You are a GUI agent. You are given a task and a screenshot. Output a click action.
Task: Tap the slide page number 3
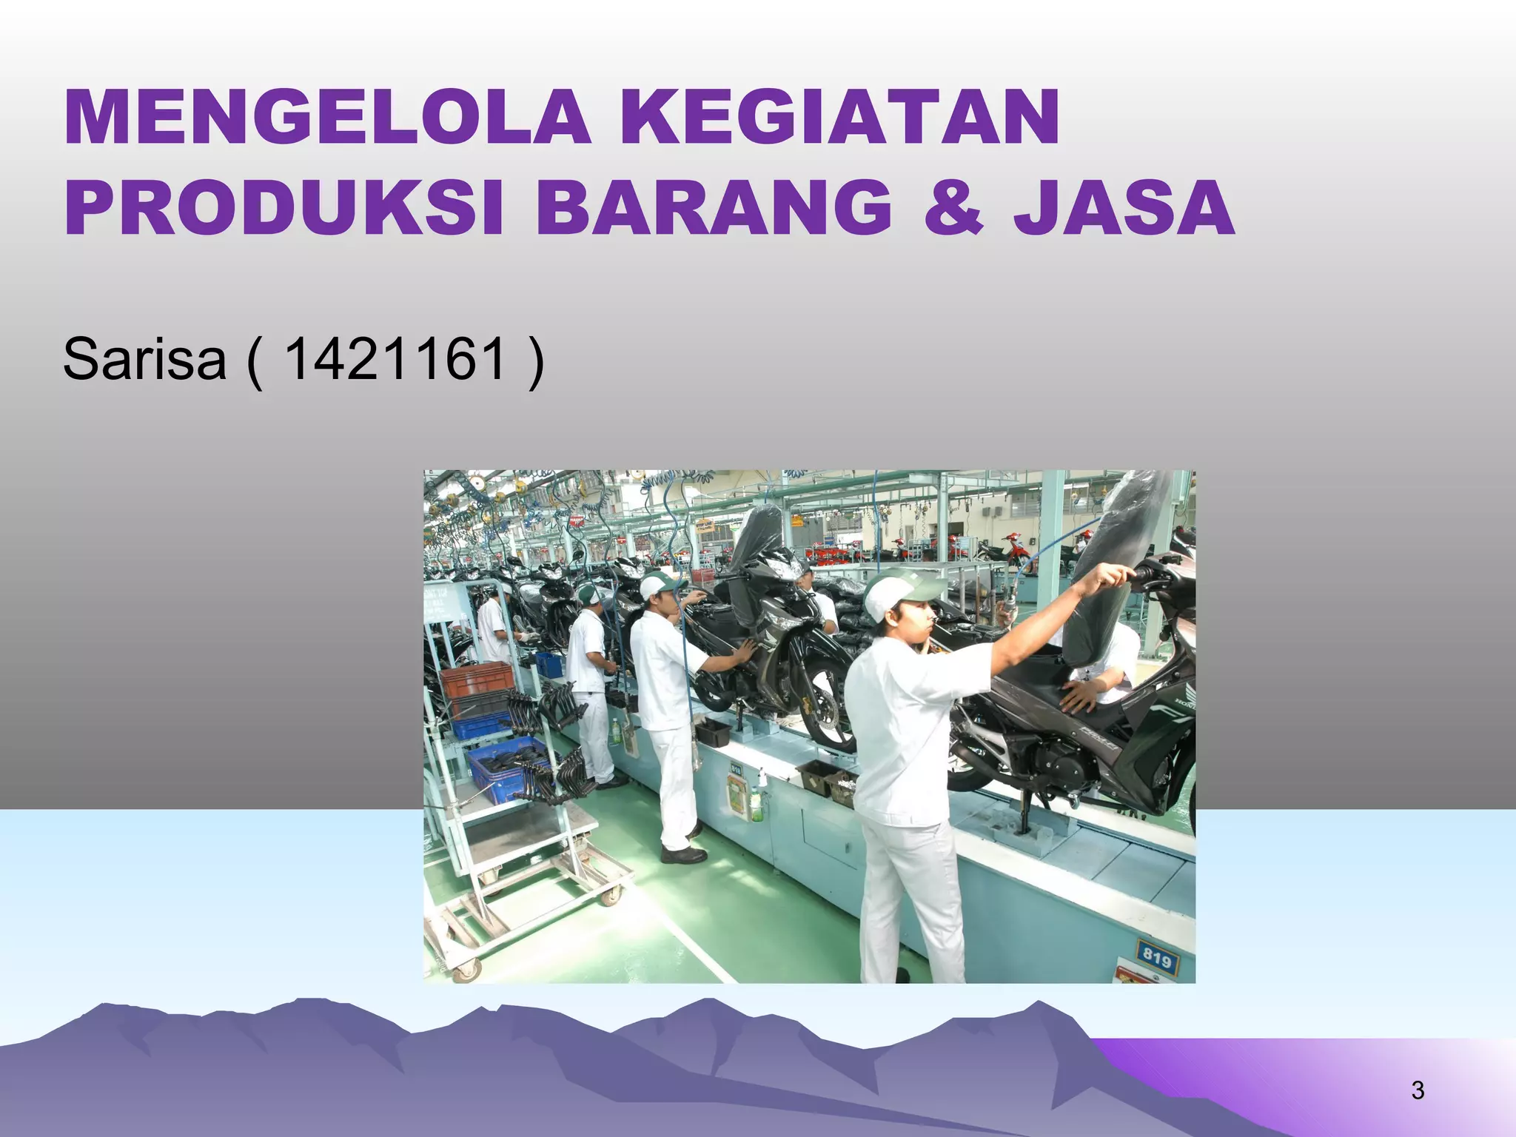(x=1418, y=1090)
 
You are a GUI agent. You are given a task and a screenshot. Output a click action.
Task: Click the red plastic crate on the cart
(x=476, y=680)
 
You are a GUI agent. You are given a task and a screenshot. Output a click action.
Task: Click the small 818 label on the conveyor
(x=736, y=769)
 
